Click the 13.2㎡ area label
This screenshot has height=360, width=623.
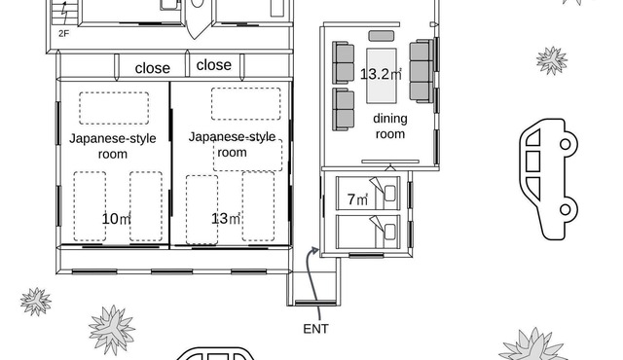pos(381,74)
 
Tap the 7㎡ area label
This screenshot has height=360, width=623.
pos(357,199)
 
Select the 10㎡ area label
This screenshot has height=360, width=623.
pos(116,219)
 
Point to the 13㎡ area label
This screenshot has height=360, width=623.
pos(226,219)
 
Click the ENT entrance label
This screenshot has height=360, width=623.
pos(315,329)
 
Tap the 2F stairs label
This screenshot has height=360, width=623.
pos(64,34)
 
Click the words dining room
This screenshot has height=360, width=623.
pos(390,126)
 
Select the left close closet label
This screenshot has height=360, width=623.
pos(153,68)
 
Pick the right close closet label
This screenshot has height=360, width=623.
pos(214,64)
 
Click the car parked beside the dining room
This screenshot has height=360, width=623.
pos(548,179)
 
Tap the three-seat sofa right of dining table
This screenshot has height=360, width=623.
pos(421,71)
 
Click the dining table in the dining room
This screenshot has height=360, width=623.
pos(382,76)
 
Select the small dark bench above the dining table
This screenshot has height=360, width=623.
pos(382,36)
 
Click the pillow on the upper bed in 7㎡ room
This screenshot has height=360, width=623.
pos(389,194)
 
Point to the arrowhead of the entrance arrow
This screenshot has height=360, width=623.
pos(314,250)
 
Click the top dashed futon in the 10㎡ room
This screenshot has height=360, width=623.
pos(114,108)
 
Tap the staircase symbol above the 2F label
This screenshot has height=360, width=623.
pos(63,13)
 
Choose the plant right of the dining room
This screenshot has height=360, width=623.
pos(552,60)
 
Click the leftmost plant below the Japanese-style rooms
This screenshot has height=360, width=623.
pos(36,302)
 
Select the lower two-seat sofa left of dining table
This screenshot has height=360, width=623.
pos(344,110)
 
